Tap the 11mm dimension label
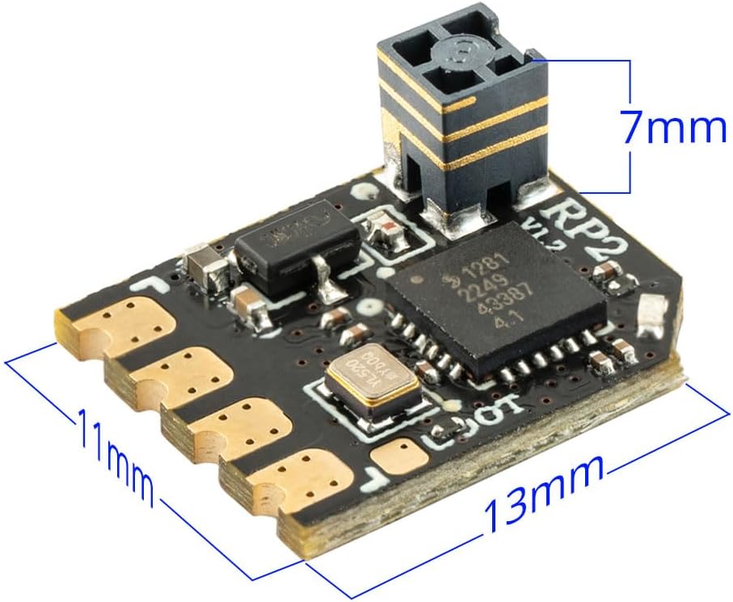115,448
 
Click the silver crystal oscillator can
373,387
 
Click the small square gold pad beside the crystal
402,455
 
